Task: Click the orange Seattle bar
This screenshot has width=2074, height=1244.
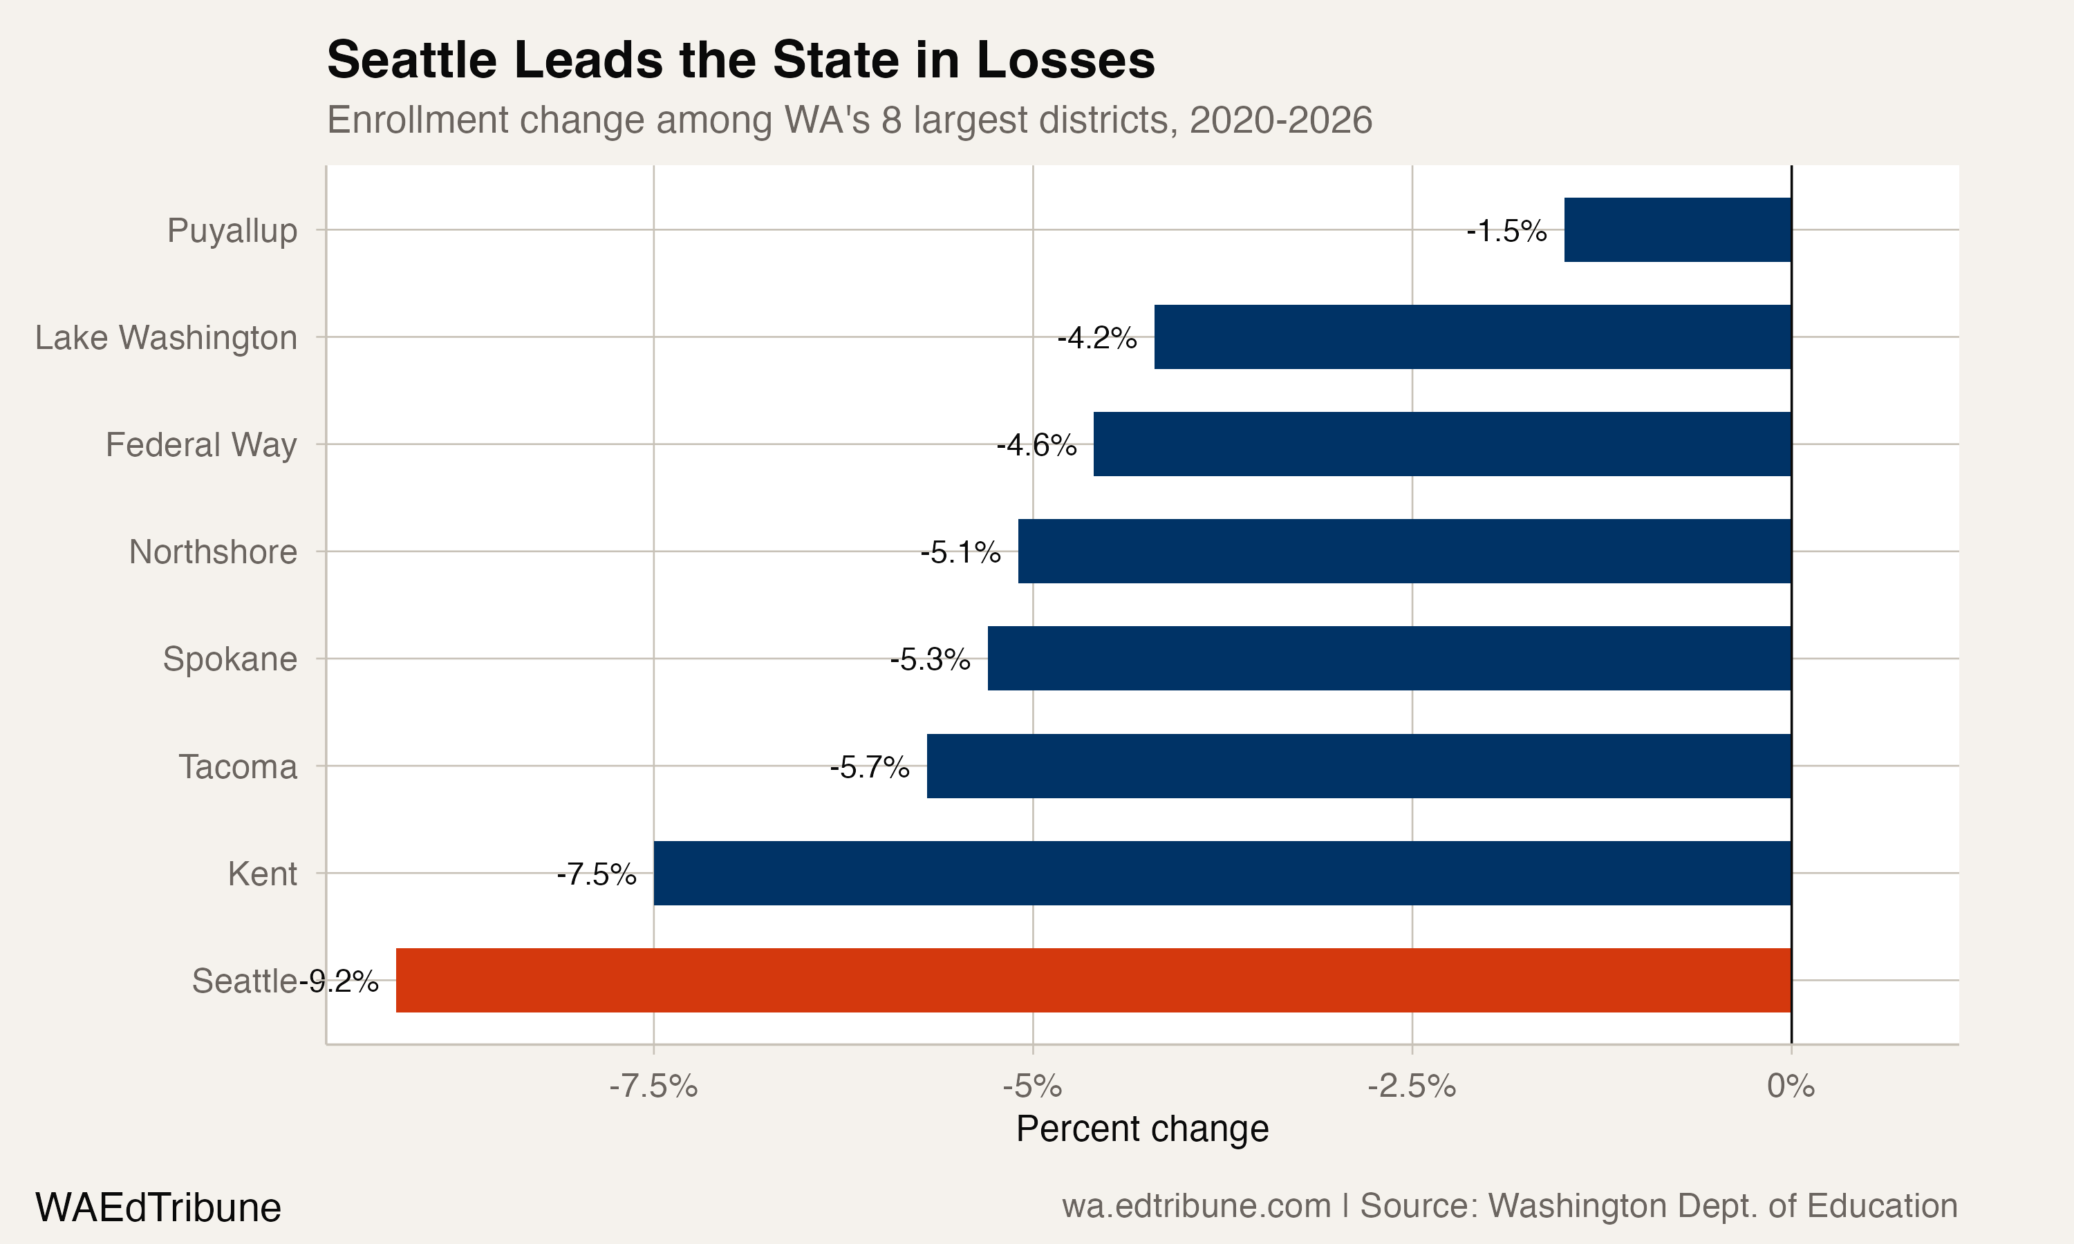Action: [x=1093, y=980]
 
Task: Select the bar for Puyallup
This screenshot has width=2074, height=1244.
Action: [x=1677, y=229]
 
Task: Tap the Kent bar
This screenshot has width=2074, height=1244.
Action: [x=1222, y=873]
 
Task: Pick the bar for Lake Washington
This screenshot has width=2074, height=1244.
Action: [x=1472, y=337]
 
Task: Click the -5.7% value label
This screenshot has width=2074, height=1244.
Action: [x=869, y=767]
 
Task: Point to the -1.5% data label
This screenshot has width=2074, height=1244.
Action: [x=1506, y=231]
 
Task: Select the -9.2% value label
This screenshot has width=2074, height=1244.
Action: [x=339, y=981]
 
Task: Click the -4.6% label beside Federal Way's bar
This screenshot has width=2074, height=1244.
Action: [x=1036, y=445]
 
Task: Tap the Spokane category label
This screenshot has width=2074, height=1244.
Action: [x=230, y=659]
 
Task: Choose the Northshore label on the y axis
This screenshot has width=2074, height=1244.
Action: [x=213, y=552]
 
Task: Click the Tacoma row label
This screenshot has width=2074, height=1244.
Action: [x=238, y=767]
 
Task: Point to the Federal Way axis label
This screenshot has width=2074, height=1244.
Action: [x=201, y=444]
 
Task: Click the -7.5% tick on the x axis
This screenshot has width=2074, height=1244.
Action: [x=653, y=1086]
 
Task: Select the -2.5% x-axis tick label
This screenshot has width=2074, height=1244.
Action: [x=1412, y=1086]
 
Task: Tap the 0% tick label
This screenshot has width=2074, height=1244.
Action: [x=1791, y=1086]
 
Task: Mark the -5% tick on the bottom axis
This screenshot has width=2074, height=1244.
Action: [x=1032, y=1086]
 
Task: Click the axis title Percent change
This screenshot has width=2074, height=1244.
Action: [x=1142, y=1129]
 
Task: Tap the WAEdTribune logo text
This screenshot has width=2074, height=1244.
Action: [x=158, y=1207]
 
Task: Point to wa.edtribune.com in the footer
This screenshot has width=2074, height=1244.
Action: [x=1196, y=1205]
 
